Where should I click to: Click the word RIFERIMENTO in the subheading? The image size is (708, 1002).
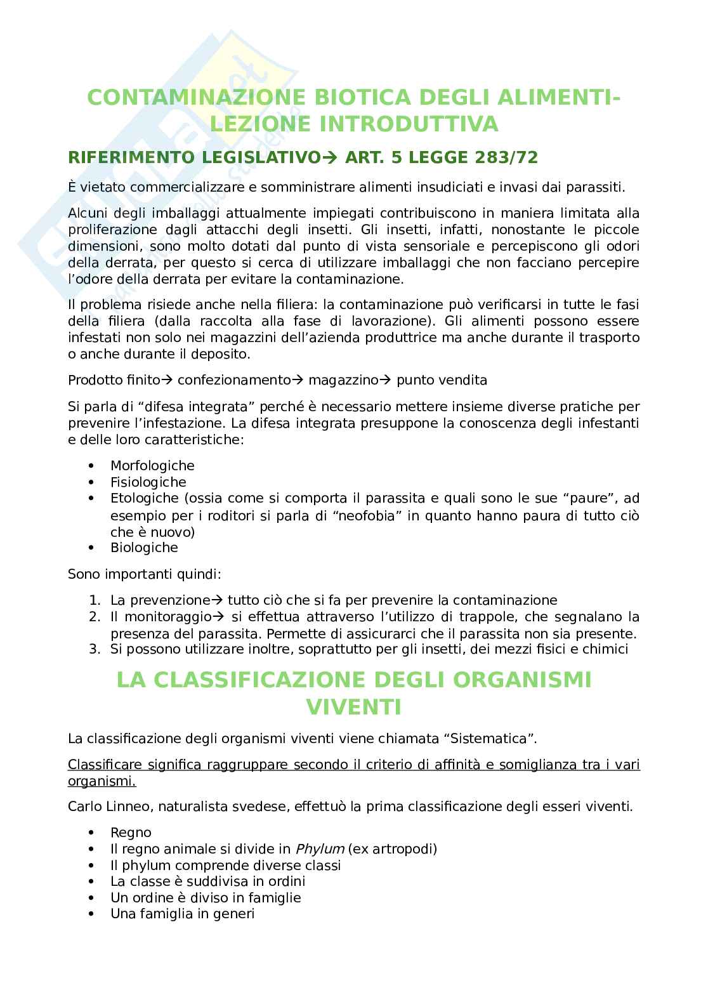coord(125,157)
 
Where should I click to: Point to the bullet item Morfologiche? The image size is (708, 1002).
coord(152,466)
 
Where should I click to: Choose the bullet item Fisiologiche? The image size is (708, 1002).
coord(148,482)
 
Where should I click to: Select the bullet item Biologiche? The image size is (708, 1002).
coord(144,548)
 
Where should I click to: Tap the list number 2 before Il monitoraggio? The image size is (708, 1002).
coord(94,617)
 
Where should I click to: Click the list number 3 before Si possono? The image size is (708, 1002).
coord(94,649)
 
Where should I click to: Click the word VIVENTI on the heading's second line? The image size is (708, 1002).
coord(354,706)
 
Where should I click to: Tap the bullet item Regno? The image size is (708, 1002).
coord(131,833)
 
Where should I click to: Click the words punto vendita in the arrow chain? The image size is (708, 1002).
coord(442,380)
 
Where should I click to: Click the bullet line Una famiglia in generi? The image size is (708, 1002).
coord(182,914)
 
